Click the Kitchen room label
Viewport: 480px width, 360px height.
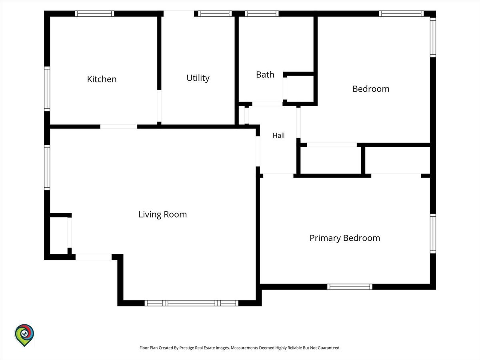[102, 79]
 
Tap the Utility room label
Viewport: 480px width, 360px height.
[198, 78]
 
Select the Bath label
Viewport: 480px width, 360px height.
[265, 74]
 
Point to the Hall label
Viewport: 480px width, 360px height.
[278, 136]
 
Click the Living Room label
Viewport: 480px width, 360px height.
[163, 214]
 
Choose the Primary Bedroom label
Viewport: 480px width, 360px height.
[345, 238]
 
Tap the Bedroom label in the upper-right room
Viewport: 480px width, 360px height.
[371, 89]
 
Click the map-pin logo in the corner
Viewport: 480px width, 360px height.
[24, 335]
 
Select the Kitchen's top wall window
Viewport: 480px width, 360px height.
[94, 14]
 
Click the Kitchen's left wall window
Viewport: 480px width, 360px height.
[47, 89]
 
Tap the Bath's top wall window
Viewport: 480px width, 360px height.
[262, 14]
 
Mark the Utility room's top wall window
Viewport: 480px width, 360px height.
[215, 14]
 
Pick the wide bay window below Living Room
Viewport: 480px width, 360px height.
[191, 303]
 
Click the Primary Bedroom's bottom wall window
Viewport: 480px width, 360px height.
[350, 286]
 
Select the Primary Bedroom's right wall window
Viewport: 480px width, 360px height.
[433, 234]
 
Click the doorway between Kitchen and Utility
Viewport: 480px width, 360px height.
[159, 106]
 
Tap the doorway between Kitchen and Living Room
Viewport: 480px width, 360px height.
[119, 126]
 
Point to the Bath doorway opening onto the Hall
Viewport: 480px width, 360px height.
[268, 104]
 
